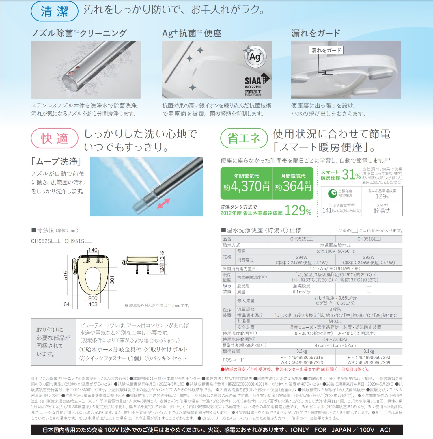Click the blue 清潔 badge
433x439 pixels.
click(54, 11)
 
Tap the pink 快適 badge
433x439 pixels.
click(55, 138)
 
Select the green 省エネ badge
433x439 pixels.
click(244, 138)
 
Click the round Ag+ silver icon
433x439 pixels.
click(255, 56)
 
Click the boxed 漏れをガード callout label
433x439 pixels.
click(326, 50)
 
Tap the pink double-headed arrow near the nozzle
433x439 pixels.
click(163, 203)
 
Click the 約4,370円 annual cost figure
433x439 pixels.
click(246, 186)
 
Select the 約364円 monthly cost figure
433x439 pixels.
click(293, 186)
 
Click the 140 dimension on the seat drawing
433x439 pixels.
click(93, 250)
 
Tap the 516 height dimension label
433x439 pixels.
click(66, 275)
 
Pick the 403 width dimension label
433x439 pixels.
click(93, 304)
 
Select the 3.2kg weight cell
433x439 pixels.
click(302, 351)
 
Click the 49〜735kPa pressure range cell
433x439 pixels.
click(335, 339)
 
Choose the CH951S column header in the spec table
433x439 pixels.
click(369, 239)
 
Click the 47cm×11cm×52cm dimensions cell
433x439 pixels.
click(335, 345)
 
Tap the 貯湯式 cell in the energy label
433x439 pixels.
click(382, 211)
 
